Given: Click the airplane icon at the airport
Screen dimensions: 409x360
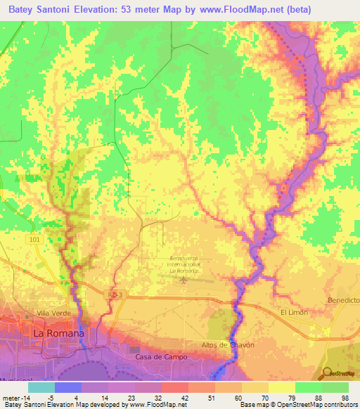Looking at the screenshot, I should point(183,280).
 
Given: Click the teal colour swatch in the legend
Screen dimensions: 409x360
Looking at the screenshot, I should point(41,387).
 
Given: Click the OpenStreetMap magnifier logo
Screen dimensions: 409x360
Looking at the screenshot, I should point(327,374).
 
